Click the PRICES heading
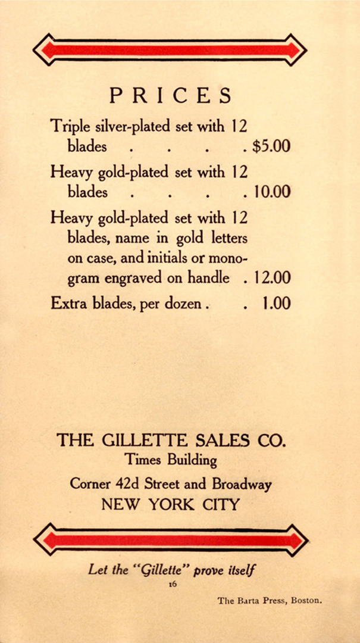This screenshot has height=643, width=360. click(170, 96)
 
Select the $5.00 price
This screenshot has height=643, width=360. click(271, 146)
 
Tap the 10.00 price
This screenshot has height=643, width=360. click(272, 192)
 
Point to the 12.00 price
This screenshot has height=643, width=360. click(272, 277)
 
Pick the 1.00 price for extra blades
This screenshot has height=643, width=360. click(276, 304)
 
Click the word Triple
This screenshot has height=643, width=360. click(71, 127)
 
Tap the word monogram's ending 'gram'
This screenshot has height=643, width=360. click(84, 279)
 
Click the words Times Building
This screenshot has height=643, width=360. click(171, 460)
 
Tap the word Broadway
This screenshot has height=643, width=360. click(242, 483)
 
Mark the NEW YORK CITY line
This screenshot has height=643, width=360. click(171, 505)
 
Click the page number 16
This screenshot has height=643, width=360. click(172, 585)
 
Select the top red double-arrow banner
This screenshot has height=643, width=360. click(170, 50)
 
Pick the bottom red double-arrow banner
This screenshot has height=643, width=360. click(171, 540)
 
